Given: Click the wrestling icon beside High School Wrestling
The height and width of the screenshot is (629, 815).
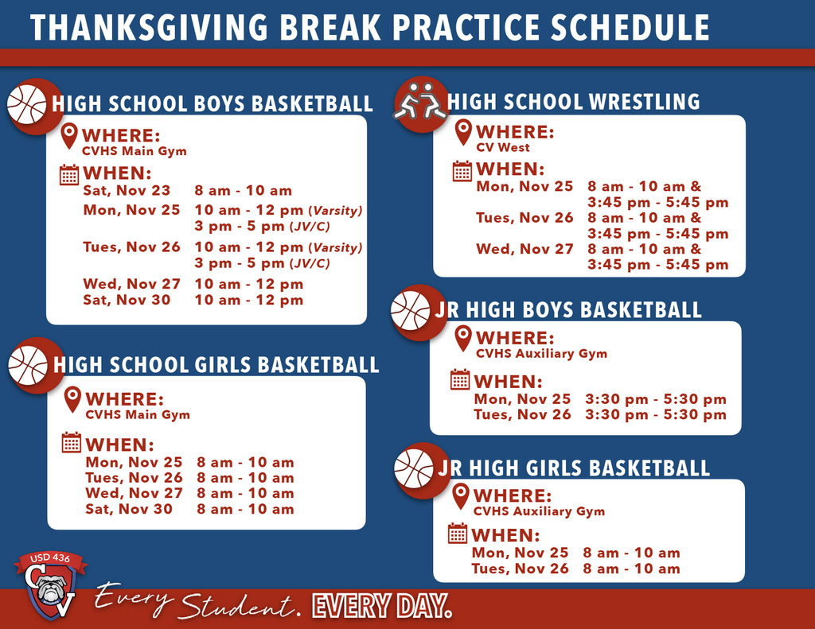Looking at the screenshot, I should [x=419, y=101].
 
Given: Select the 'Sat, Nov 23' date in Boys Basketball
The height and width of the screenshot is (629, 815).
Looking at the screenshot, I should [x=127, y=191].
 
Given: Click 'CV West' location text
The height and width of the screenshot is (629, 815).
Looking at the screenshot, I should [x=502, y=148].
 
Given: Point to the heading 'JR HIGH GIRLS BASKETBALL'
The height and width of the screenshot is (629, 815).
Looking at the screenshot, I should [x=573, y=467].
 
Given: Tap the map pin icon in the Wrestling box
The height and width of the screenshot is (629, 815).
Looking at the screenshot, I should [x=463, y=132].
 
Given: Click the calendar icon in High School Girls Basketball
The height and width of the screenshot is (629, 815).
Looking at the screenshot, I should [x=72, y=443].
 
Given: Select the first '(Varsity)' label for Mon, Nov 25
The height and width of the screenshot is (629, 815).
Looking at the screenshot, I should [x=335, y=211].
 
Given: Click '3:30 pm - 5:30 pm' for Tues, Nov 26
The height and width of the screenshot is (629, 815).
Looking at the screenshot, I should [x=655, y=415].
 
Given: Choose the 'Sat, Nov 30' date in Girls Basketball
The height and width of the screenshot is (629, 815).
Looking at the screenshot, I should [x=128, y=509].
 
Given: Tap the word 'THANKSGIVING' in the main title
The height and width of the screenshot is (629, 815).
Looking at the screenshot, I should [x=138, y=28].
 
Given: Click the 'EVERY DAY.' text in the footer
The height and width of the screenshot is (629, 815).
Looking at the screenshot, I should [x=382, y=605].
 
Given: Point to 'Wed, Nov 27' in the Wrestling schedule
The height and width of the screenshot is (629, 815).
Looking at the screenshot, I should [x=524, y=249].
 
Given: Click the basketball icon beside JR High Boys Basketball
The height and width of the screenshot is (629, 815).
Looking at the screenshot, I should [x=411, y=311].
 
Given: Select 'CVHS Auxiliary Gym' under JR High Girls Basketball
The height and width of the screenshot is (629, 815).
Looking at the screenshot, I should [x=539, y=512].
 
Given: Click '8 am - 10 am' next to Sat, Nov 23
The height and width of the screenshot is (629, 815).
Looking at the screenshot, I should [x=243, y=191].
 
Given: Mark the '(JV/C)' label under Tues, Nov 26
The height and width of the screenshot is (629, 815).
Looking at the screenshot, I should [x=311, y=263].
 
